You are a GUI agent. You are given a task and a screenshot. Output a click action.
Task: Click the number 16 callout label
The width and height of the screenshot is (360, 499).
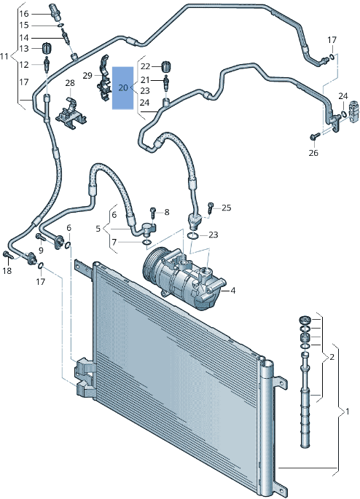24,14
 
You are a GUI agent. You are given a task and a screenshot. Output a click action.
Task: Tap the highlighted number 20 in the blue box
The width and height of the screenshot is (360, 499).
122,87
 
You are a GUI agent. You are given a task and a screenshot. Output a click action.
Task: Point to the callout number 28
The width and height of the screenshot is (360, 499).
69,84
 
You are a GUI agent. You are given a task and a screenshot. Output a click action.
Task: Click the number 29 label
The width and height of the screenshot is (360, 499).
87,76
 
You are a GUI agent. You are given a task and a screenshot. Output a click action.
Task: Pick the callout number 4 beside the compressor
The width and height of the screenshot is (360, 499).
233,291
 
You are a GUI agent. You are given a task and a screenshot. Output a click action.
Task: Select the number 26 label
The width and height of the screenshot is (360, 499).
313,153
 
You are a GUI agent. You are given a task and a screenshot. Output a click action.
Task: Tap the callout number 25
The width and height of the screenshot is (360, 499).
226,208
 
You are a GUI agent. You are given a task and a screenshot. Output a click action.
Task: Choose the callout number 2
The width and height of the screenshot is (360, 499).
332,357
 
